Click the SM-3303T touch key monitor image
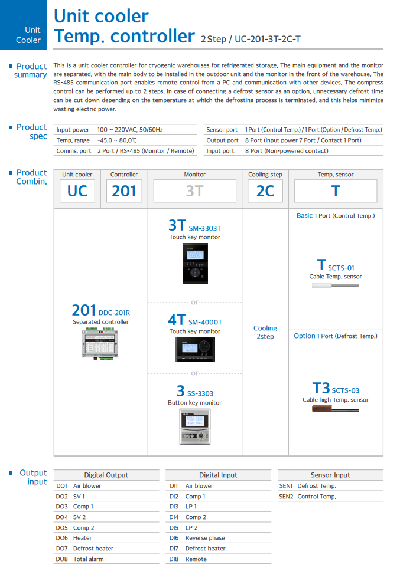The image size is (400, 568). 194,264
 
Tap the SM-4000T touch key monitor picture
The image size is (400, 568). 194,351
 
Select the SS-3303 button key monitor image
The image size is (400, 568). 194,426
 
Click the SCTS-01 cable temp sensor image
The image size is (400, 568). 335,286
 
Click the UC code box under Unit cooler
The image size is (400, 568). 77,191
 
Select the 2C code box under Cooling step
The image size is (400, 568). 265,191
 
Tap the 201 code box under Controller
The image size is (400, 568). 124,191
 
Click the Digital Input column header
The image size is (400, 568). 218,475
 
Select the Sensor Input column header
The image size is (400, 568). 330,475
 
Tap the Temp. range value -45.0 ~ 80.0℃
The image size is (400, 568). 117,140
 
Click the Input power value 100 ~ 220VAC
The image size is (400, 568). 129,130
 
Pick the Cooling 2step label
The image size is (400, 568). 265,332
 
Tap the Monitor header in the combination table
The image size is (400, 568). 194,175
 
